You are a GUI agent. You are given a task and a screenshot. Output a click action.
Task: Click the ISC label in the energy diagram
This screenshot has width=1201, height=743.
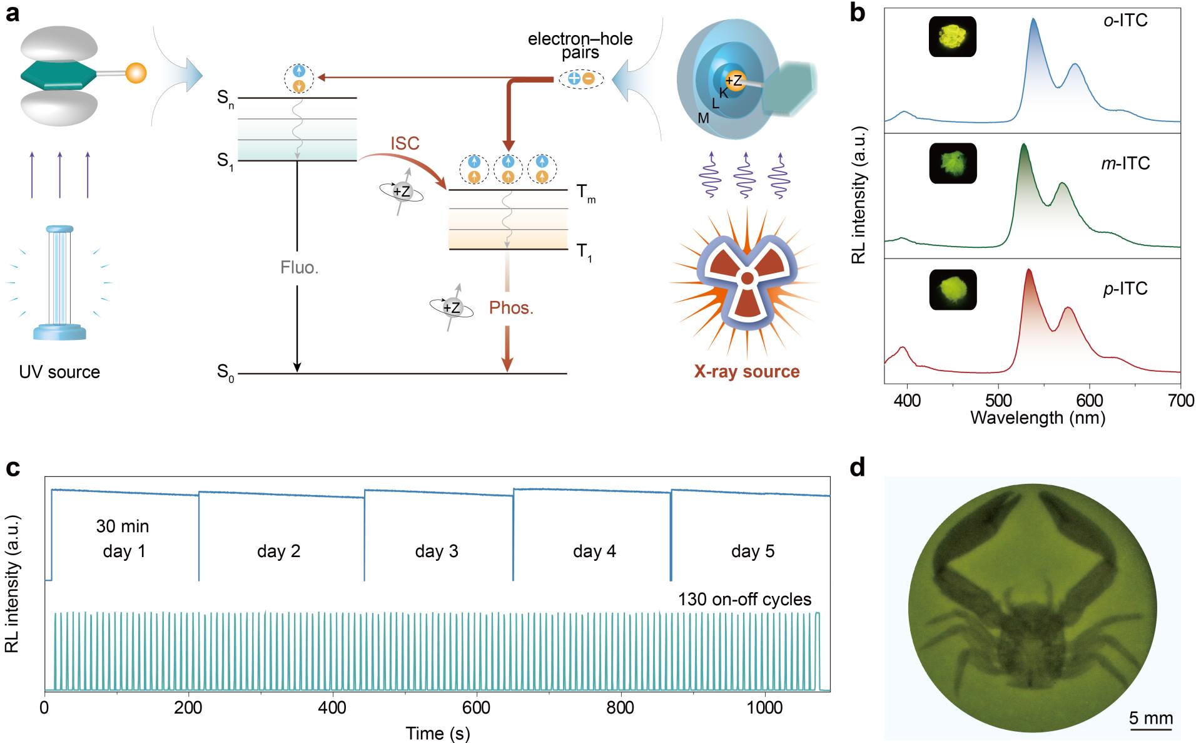click(405, 143)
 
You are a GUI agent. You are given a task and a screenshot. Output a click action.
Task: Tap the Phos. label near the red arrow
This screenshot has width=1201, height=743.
click(511, 309)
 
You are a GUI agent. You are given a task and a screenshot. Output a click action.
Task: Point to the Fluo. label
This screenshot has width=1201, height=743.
click(299, 268)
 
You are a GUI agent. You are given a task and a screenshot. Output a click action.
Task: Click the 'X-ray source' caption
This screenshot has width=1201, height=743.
click(746, 372)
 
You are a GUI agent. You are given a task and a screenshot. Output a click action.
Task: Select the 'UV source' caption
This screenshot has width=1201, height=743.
click(59, 372)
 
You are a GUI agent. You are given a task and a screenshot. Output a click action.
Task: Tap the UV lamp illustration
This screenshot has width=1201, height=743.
click(60, 282)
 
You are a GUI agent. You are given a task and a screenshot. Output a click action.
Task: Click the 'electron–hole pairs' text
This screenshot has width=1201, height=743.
click(580, 46)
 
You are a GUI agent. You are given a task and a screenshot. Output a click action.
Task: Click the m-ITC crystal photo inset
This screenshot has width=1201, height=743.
click(952, 163)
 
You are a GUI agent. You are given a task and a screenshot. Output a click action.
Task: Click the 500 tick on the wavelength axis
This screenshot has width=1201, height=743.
click(998, 401)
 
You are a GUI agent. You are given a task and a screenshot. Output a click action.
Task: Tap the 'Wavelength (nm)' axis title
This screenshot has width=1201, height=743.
click(1037, 418)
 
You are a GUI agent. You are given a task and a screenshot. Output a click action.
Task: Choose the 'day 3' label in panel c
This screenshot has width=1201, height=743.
click(436, 551)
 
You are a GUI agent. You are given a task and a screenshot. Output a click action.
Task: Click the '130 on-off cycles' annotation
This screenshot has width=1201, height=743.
click(744, 600)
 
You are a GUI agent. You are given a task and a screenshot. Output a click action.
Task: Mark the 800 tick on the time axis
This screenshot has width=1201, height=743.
click(621, 708)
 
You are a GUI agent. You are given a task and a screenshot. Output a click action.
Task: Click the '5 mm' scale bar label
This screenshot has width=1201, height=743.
click(1150, 717)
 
